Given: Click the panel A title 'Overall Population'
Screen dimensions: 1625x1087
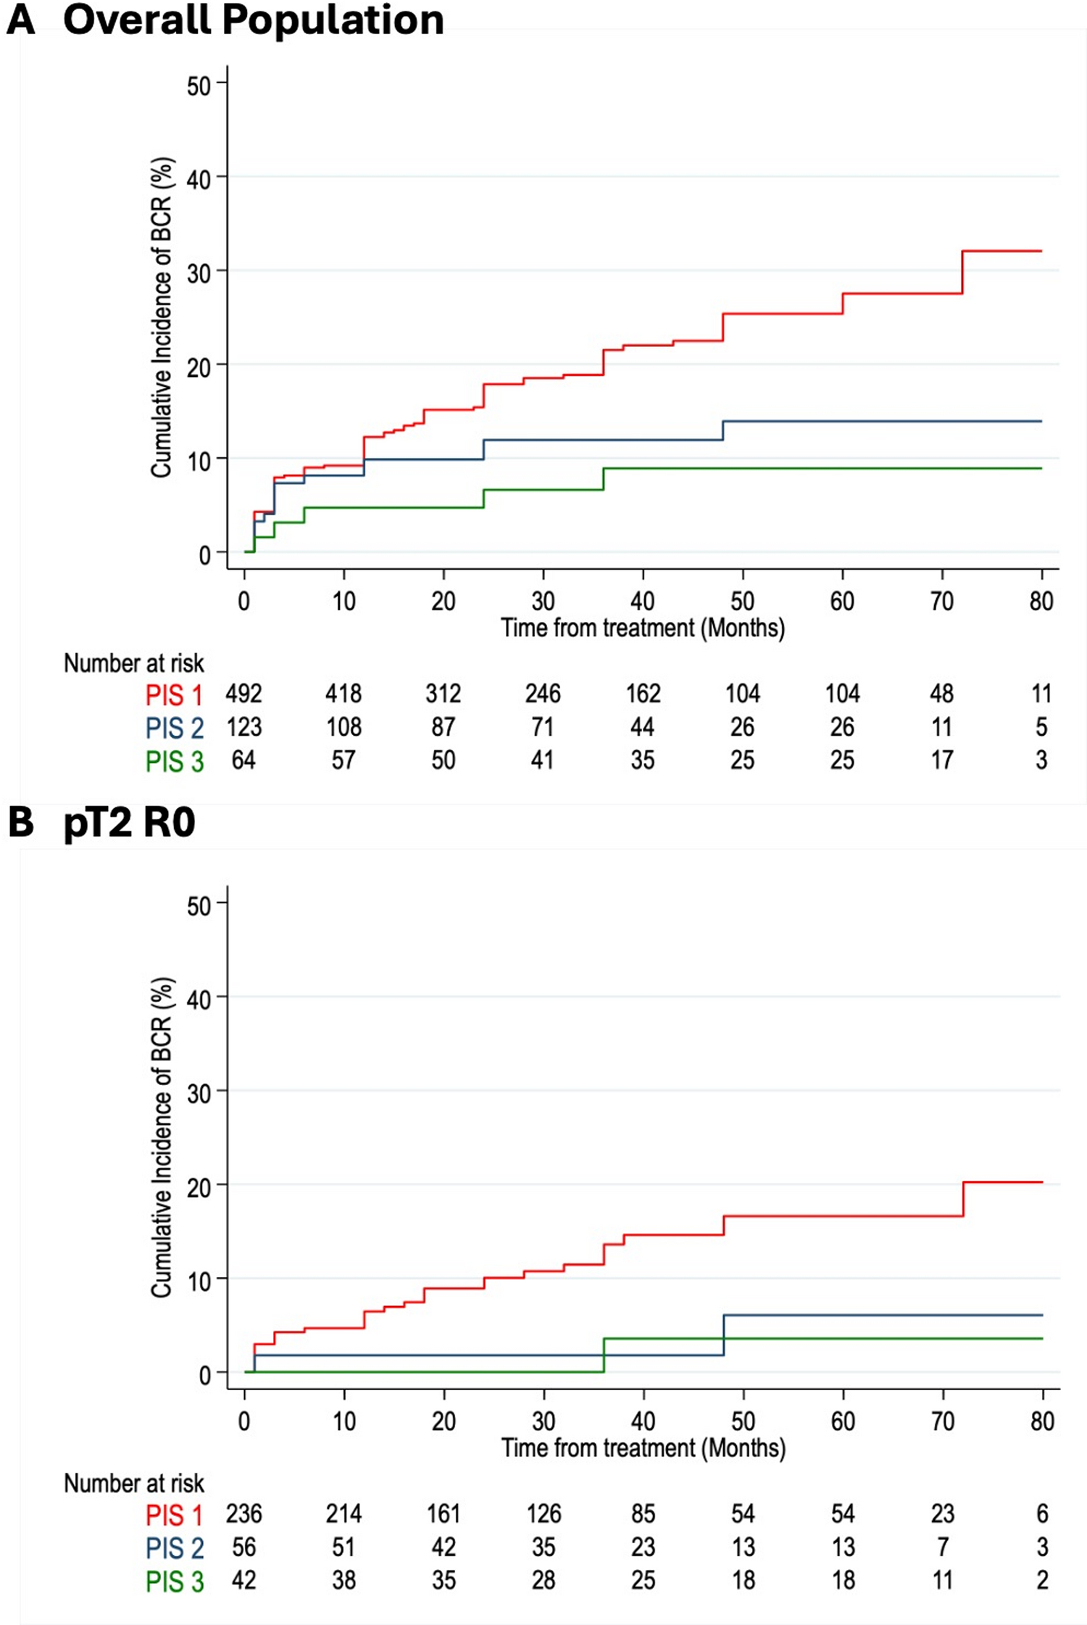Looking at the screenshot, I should coord(253,20).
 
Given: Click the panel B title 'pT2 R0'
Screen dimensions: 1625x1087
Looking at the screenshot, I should coord(129,823).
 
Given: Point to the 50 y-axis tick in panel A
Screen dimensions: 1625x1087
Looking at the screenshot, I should coord(199,86).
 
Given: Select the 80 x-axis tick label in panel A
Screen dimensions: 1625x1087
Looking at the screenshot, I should coord(1041,601).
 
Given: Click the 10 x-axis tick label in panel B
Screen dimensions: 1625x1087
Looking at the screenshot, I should coord(344,1421).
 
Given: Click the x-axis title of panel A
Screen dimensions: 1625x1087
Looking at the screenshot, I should coord(643,628).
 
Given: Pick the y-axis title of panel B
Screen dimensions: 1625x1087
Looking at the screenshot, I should coord(162,1138).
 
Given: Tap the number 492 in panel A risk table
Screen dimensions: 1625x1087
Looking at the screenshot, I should coord(243,694).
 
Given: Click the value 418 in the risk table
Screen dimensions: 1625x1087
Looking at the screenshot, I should coord(343,694).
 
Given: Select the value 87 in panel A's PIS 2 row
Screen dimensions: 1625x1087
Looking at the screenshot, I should coord(443,727).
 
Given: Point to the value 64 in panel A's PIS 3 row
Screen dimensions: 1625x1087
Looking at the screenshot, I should coord(243,760).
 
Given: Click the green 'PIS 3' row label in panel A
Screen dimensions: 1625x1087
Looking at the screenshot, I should coord(175,761).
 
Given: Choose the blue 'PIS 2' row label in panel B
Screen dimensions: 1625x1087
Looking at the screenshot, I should coord(175,1549).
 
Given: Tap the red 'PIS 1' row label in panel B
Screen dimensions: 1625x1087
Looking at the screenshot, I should coord(175,1515).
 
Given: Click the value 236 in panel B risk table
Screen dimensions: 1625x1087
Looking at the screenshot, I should coord(243,1514).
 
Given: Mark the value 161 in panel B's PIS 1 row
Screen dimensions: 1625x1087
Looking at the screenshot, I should coord(443,1514).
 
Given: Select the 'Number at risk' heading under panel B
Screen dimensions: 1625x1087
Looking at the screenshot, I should coord(134,1484).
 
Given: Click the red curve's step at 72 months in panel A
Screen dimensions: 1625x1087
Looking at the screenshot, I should coord(962,273).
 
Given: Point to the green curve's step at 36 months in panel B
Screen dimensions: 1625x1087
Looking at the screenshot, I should coord(604,1355).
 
